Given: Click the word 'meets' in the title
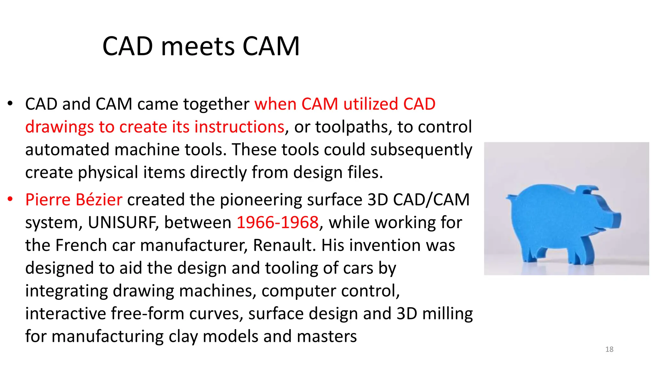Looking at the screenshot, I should click(x=198, y=46).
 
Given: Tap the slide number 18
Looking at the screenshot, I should click(x=609, y=349).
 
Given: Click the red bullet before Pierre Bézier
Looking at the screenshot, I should click(x=10, y=199).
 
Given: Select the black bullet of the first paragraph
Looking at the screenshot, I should click(x=10, y=104).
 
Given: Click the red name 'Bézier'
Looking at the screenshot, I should click(x=99, y=200).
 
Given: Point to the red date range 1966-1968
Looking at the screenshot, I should click(x=278, y=222).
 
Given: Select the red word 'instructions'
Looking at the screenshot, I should click(x=239, y=127).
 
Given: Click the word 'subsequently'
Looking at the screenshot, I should click(x=421, y=150).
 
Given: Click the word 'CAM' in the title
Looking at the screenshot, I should click(x=271, y=46).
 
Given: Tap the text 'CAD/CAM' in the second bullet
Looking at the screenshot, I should click(x=431, y=200).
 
